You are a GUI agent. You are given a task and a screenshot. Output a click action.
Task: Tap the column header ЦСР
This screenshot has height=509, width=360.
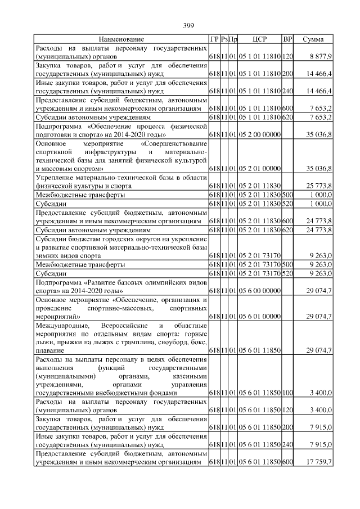259,39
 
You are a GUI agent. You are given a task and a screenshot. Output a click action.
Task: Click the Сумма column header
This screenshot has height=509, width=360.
313,39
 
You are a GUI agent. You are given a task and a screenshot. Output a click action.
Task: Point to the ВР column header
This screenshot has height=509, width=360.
287,39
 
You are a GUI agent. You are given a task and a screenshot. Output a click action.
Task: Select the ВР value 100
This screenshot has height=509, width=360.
287,391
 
